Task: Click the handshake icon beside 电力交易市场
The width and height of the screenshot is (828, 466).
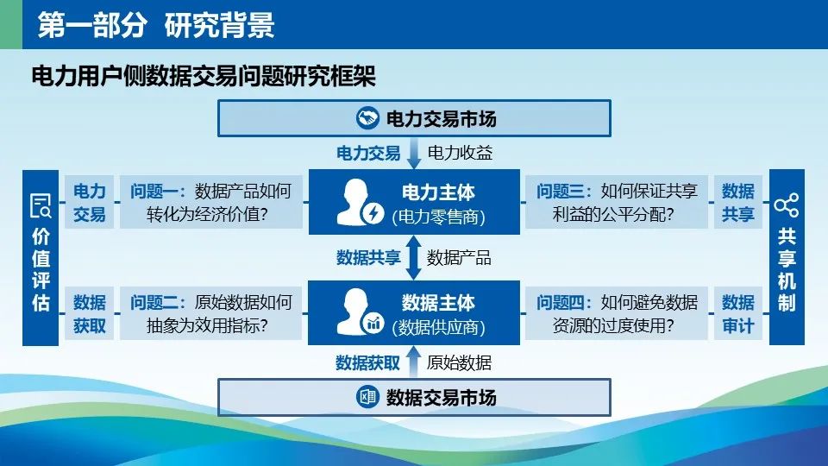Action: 367,118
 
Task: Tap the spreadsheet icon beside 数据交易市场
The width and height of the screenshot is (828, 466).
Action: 367,397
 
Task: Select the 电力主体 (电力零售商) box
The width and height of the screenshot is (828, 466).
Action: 414,202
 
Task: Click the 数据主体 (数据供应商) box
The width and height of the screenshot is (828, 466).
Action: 414,312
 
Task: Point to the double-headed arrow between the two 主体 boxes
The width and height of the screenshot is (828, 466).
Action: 413,258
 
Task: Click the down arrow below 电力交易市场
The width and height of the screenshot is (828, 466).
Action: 414,154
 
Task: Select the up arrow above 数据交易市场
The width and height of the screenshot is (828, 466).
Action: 414,362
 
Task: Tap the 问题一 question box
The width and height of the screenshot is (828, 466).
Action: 210,202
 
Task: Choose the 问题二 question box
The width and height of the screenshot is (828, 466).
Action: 210,313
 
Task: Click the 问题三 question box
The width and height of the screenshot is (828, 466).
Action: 616,202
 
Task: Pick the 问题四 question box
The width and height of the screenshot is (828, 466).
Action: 616,313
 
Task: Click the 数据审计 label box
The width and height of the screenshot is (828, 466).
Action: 737,313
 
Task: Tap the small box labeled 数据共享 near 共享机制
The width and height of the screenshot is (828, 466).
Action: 737,202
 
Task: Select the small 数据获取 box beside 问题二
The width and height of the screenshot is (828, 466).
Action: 89,313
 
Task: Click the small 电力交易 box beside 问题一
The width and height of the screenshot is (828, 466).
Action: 89,202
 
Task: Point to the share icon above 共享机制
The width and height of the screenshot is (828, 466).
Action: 787,205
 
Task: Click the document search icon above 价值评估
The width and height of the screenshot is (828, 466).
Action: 41,205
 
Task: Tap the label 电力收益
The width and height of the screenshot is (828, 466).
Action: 460,153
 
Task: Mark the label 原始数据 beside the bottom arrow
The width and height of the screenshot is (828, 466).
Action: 459,362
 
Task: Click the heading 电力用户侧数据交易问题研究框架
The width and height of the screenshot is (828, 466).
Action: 204,76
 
